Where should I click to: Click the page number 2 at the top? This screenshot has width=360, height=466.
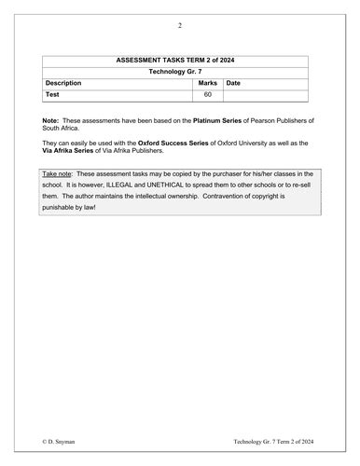(x=179, y=25)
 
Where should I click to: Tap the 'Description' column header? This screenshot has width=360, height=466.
(x=64, y=83)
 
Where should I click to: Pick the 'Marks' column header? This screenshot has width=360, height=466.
(x=207, y=83)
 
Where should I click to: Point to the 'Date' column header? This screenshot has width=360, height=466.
(x=233, y=83)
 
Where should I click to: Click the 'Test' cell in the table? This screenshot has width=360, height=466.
(x=53, y=95)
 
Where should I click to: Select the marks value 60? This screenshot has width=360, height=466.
(x=207, y=95)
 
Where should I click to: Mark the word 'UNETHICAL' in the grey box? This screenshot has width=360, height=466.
(x=191, y=185)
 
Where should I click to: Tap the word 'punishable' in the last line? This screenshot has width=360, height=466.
(x=62, y=208)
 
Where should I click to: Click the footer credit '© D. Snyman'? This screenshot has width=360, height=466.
(x=62, y=439)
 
